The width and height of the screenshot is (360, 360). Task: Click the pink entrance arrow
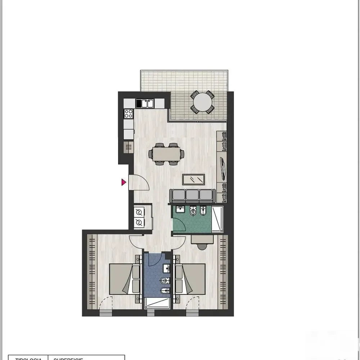tap(123, 183)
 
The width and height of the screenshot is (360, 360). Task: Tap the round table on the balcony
tap(202, 103)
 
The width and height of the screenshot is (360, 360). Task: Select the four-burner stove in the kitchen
tap(129, 114)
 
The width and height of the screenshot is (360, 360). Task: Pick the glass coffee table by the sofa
tap(194, 179)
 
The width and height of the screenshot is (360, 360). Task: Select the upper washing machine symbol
tap(139, 212)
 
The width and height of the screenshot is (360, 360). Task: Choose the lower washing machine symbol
tap(139, 223)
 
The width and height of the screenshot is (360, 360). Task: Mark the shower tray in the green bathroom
tap(217, 220)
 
